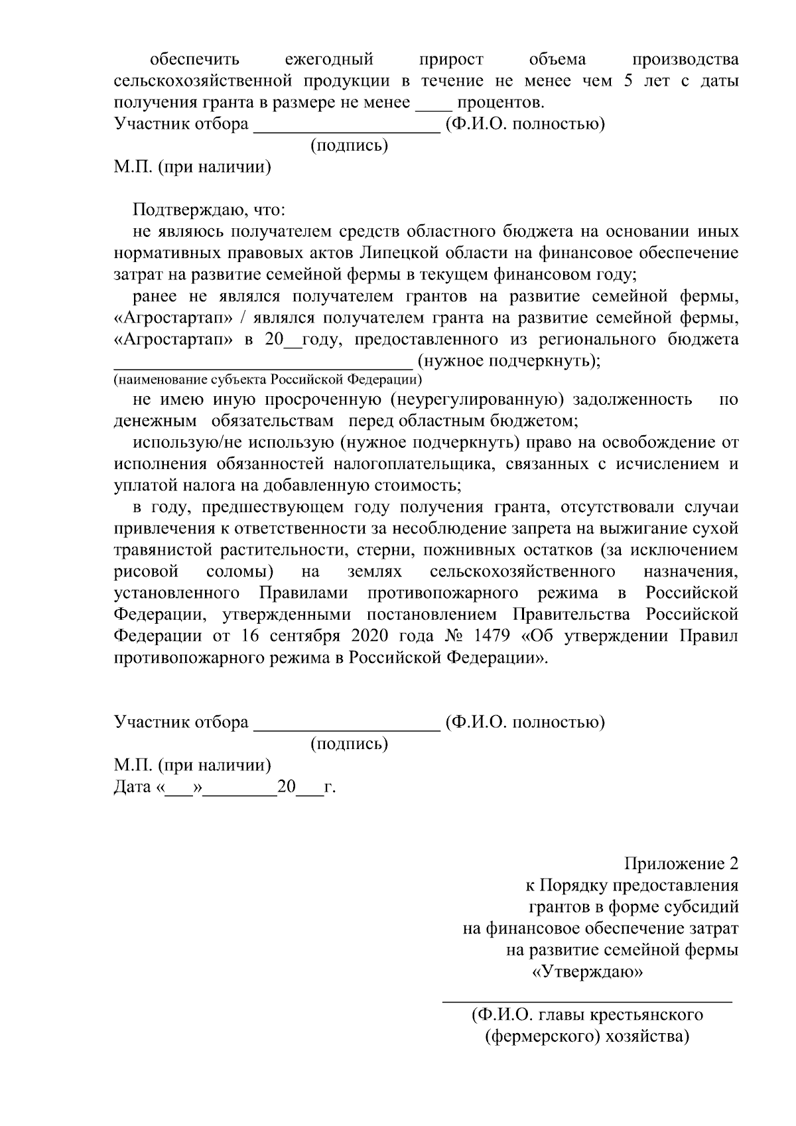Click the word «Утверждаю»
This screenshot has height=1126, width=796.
[587, 972]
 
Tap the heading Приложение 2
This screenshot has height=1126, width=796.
[681, 864]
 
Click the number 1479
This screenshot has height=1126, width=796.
[492, 636]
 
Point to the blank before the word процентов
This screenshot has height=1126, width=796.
[433, 104]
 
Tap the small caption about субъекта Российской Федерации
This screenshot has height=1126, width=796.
[267, 380]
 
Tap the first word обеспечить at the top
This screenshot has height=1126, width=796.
[194, 60]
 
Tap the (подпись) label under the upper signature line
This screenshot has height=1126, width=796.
[350, 145]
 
